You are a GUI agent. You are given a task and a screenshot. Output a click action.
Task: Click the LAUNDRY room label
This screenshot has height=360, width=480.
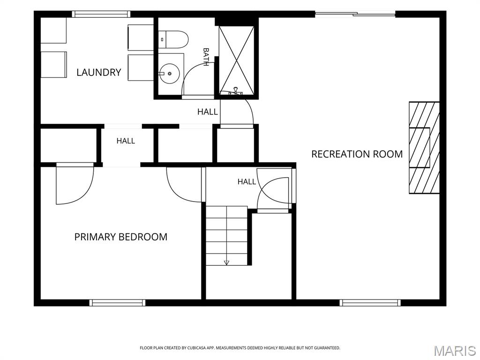point(98,73)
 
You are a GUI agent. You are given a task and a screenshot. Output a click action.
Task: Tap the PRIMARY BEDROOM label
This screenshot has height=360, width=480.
point(121,237)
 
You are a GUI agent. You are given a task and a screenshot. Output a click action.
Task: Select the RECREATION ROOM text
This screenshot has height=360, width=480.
point(357,154)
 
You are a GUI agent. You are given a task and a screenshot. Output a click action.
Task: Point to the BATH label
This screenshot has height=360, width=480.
point(206,57)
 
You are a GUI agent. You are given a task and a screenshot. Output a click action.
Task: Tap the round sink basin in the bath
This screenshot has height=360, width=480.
point(169,74)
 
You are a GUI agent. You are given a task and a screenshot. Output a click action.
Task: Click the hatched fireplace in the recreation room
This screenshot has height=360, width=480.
point(424,148)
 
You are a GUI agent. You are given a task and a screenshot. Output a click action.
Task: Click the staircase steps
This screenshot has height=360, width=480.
point(226,236)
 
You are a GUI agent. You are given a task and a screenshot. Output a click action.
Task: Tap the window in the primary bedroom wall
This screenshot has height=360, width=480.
point(118,303)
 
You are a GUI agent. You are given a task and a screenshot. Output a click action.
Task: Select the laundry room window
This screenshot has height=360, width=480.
point(101,14)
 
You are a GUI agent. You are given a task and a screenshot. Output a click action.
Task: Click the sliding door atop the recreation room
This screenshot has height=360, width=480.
point(355,14)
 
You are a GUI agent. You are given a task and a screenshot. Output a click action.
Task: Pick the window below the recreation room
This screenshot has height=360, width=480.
point(370,303)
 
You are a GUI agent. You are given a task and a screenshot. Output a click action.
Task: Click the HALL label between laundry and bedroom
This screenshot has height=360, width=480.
point(126,141)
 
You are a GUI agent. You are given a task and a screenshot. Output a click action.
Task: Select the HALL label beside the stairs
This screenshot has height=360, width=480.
point(247,182)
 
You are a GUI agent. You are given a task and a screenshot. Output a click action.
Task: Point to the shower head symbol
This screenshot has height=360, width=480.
point(236,91)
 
